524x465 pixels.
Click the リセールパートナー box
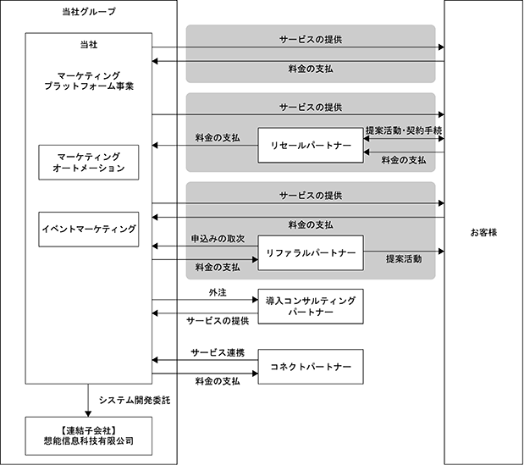[x=310, y=146]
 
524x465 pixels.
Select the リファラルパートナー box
[x=310, y=252]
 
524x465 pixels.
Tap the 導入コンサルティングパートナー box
[x=310, y=307]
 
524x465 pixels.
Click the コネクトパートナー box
[x=310, y=367]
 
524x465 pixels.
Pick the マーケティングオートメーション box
[x=88, y=163]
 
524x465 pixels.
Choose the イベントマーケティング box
[x=88, y=229]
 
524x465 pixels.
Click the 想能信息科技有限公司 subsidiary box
[x=88, y=435]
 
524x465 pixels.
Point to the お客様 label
[x=483, y=232]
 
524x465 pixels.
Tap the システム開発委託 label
[x=135, y=400]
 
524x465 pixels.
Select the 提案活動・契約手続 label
[x=404, y=130]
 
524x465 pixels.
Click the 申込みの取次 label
[x=218, y=239]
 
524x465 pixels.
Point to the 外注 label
[x=218, y=292]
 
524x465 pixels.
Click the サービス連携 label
[x=218, y=352]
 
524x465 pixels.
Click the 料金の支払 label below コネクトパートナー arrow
[x=218, y=381]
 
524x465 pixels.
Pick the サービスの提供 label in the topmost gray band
[x=311, y=39]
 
